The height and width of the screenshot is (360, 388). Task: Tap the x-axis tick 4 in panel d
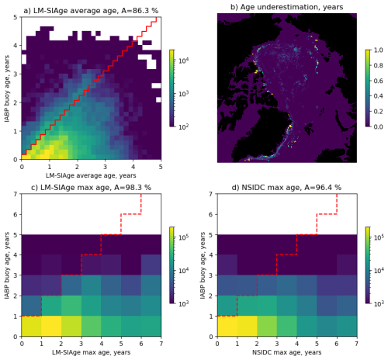tap(297, 342)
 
